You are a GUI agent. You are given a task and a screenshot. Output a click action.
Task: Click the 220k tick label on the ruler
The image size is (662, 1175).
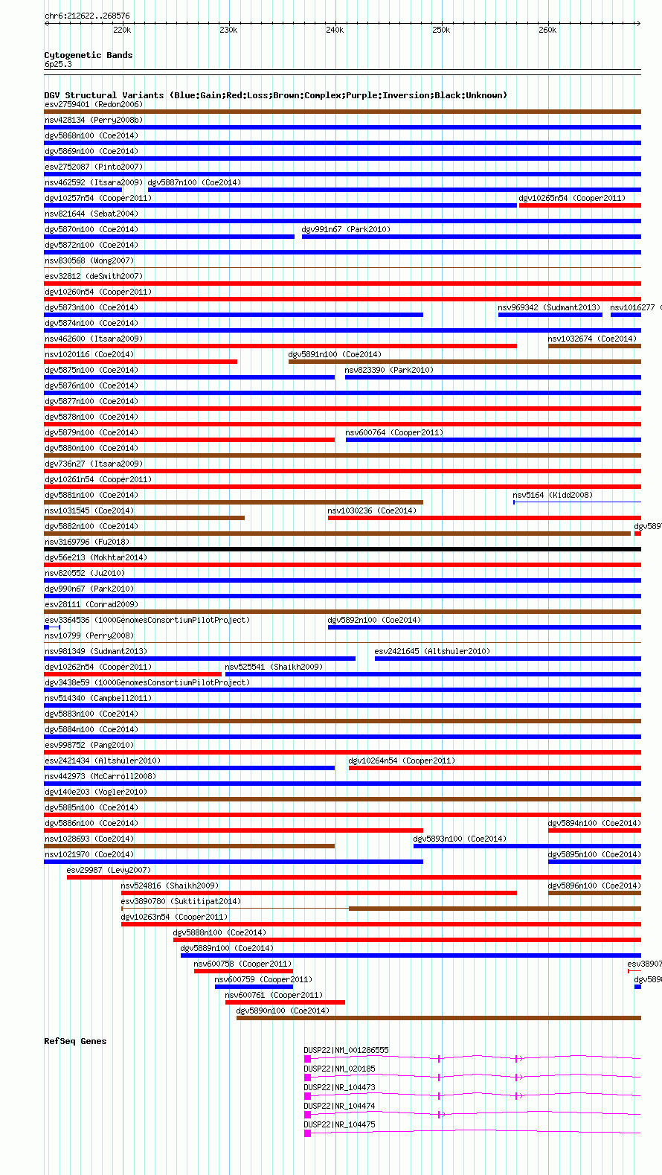click(x=122, y=31)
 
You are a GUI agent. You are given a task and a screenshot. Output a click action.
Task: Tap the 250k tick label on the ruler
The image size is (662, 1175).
click(x=441, y=31)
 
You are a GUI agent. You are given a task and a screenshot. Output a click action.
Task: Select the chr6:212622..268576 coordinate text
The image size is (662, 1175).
click(x=87, y=16)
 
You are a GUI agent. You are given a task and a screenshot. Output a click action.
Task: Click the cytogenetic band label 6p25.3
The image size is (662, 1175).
click(x=58, y=65)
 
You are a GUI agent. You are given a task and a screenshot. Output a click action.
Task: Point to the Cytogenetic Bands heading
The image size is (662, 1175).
click(x=88, y=55)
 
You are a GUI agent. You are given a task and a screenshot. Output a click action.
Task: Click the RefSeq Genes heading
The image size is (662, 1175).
click(x=75, y=1041)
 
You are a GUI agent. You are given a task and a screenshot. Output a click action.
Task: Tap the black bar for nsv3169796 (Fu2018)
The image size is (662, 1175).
click(x=342, y=549)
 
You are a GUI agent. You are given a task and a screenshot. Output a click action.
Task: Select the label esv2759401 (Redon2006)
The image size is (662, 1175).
click(x=94, y=104)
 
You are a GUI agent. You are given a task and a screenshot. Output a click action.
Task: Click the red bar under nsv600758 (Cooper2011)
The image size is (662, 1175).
click(x=242, y=971)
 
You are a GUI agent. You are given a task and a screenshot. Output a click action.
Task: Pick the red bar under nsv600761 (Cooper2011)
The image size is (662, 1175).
click(x=285, y=1002)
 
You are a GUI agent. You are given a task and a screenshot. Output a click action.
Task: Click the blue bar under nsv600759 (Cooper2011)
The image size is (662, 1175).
click(x=254, y=987)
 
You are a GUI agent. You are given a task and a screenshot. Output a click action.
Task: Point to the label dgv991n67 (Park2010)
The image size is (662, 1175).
click(x=346, y=229)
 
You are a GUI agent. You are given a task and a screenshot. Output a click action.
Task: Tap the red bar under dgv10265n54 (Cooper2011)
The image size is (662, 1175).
click(x=579, y=205)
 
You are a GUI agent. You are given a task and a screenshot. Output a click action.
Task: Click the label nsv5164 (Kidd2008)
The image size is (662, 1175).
click(x=553, y=495)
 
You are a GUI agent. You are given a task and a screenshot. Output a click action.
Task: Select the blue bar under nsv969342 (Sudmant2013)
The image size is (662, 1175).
click(x=550, y=315)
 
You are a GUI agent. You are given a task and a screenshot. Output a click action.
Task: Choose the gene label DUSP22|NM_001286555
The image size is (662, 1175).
click(x=346, y=1050)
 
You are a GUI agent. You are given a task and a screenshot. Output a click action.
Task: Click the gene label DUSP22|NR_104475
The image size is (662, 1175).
click(x=339, y=1124)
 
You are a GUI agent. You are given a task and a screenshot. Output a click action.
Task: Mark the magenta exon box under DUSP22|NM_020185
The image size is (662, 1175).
click(x=307, y=1078)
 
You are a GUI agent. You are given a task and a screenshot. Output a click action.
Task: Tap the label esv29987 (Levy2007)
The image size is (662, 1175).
click(x=109, y=870)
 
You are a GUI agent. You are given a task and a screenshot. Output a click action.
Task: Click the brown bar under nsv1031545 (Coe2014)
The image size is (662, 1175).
click(x=144, y=518)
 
